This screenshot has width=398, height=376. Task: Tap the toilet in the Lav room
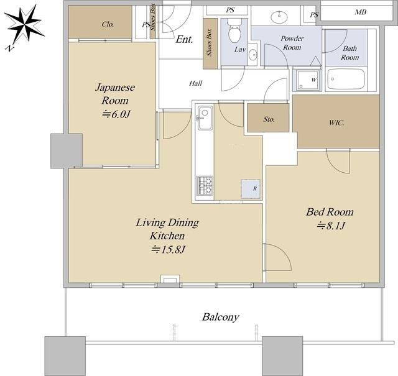(x=234, y=31)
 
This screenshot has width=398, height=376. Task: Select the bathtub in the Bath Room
(x=346, y=79)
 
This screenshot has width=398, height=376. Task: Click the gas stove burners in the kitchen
(x=205, y=185)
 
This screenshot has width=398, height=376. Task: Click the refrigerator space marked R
(x=251, y=189)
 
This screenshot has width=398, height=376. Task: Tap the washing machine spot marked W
(x=307, y=80)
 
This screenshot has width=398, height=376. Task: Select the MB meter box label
(x=360, y=12)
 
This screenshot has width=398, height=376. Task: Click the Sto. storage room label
(x=269, y=119)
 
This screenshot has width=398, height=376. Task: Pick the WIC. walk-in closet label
(x=336, y=123)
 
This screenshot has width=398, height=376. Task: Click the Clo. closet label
(x=108, y=24)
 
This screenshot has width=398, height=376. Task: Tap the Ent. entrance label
(x=185, y=39)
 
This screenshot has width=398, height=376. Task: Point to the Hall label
(x=195, y=83)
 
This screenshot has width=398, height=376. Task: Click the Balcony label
(x=221, y=317)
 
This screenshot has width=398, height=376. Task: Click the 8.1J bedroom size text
(x=331, y=226)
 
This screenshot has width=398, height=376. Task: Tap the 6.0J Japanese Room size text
(x=116, y=114)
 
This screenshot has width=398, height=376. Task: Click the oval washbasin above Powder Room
(x=279, y=17)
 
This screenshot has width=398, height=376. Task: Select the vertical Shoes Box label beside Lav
(x=209, y=43)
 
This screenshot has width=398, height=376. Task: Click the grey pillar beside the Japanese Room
(x=67, y=150)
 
